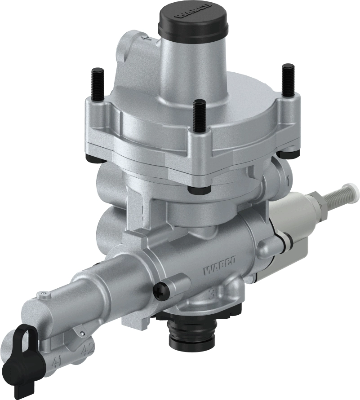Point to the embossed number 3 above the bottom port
(215, 295)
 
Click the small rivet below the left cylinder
(82, 333)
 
